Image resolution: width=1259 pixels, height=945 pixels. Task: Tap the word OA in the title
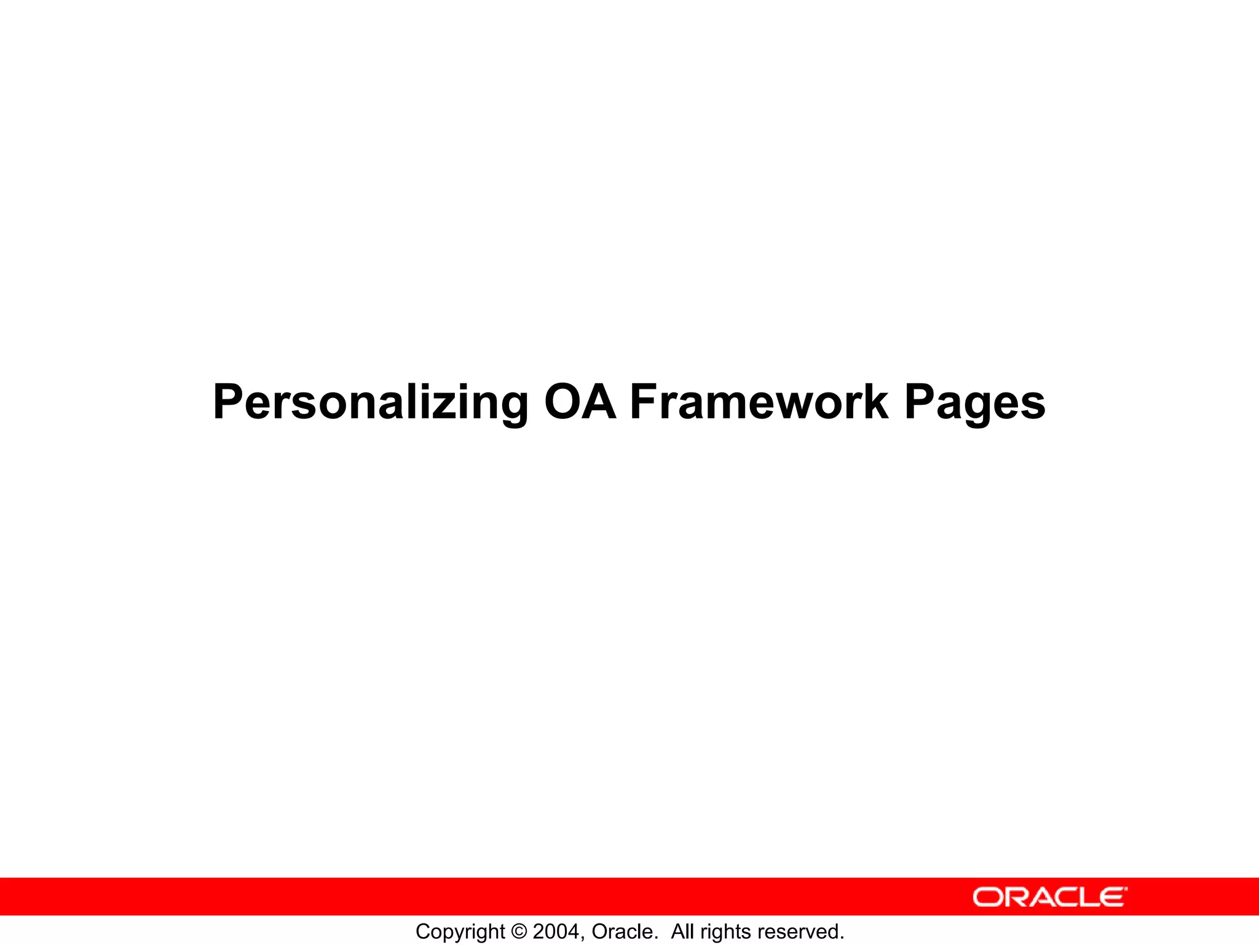tap(580, 403)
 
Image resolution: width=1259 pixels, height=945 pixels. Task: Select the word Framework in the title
tap(759, 403)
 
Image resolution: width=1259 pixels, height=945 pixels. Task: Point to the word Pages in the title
tap(974, 403)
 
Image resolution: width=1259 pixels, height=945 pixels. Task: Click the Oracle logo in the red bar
tap(1050, 897)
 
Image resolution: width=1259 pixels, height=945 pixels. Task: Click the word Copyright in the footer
tap(460, 932)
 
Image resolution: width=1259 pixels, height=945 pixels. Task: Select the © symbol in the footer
tap(518, 931)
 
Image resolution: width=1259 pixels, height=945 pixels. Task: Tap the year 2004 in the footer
tap(556, 931)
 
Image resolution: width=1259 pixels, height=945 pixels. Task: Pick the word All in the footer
tap(682, 931)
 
